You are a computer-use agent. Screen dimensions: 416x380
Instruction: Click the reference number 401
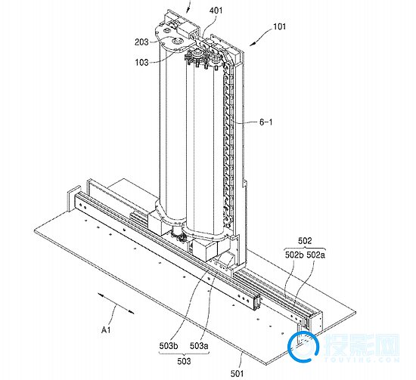(x=216, y=11)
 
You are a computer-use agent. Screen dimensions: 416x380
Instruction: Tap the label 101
(x=279, y=26)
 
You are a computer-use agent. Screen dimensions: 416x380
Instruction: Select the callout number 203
(x=141, y=42)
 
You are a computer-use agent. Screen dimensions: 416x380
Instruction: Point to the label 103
(x=141, y=63)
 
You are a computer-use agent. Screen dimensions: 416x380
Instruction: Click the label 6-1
(x=265, y=122)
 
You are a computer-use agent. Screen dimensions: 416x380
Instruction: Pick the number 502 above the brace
(x=305, y=241)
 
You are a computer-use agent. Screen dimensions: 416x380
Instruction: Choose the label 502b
(x=294, y=255)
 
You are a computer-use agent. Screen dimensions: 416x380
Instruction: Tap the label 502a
(x=315, y=255)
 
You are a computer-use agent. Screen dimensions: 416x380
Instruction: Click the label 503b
(x=169, y=345)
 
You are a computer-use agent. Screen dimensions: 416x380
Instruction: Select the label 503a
(x=199, y=345)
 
